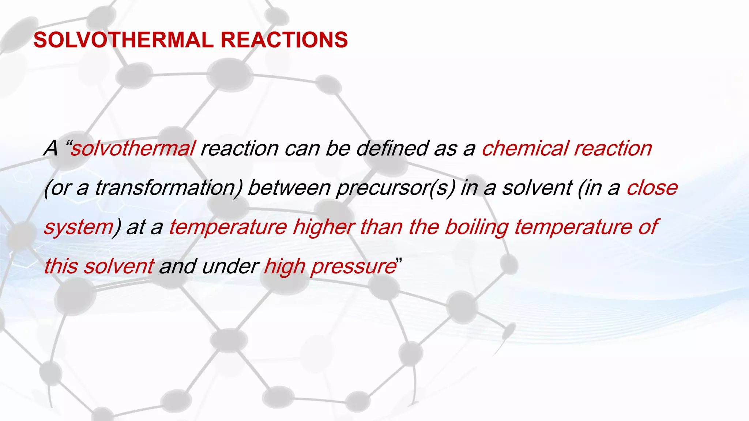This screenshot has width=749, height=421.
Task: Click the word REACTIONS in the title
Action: coord(284,40)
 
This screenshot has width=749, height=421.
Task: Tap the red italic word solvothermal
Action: coord(133,149)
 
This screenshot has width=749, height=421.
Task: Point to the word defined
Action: coord(392,149)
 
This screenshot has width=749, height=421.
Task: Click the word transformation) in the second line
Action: coord(169,188)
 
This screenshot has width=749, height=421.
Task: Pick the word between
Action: coord(289,188)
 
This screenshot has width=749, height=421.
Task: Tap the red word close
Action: coord(652,188)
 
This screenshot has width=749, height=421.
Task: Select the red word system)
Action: coord(82,228)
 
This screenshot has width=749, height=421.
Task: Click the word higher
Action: coord(324,227)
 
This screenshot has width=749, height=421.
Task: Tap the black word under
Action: coord(230,266)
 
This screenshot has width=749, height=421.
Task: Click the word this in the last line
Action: coord(61,266)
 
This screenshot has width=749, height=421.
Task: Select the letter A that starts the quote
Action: coord(51,149)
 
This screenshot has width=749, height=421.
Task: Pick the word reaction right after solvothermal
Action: coord(240,149)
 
